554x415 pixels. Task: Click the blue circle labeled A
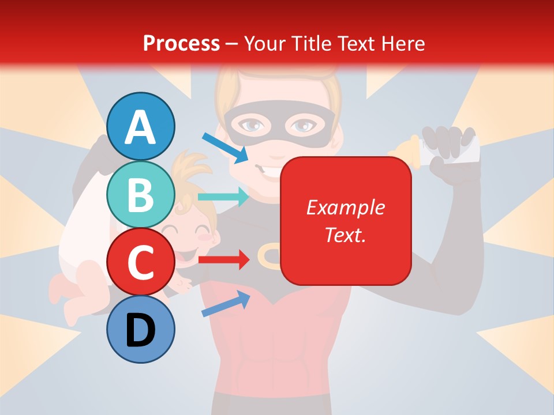pos(141,127)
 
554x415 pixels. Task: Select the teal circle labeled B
pos(141,195)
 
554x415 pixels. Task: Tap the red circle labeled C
pos(141,262)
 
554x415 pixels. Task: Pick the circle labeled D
pos(141,330)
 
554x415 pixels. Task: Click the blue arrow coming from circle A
pos(224,147)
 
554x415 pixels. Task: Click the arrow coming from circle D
pos(226,303)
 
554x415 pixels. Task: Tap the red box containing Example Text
pos(346,221)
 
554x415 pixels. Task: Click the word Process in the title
pos(181,43)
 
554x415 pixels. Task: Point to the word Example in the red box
pos(345,207)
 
